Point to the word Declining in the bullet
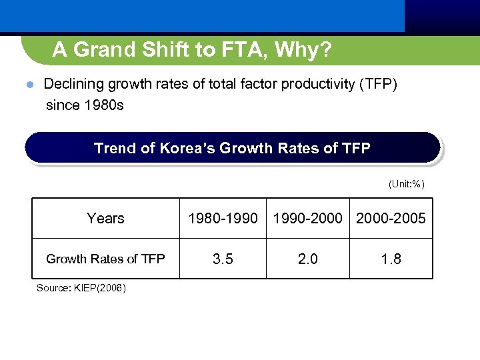[x=73, y=85]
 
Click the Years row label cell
[x=105, y=219]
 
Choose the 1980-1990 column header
[x=223, y=219]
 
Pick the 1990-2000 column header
[x=308, y=219]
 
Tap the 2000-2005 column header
[x=391, y=219]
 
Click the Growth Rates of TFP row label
[x=105, y=259]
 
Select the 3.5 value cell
[x=223, y=259]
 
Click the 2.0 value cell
[x=308, y=259]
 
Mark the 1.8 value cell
[x=391, y=259]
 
